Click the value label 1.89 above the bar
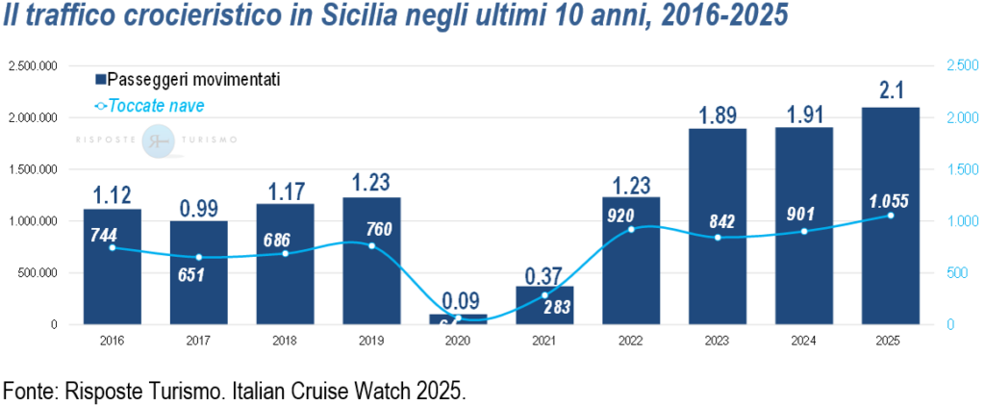pyautogui.click(x=718, y=114)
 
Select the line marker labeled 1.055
pyautogui.click(x=890, y=216)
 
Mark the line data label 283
pyautogui.click(x=557, y=309)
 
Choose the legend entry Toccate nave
pyautogui.click(x=155, y=105)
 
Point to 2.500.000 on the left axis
pyautogui.click(x=33, y=65)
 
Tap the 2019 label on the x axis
pyautogui.click(x=372, y=340)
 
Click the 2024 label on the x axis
pyautogui.click(x=804, y=340)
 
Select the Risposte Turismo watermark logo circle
pyautogui.click(x=157, y=140)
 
